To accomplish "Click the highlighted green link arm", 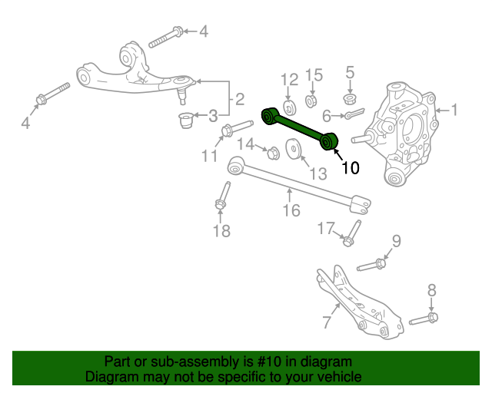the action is (x=300, y=128).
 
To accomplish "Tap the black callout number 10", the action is (x=351, y=167).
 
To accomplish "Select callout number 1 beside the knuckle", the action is (x=454, y=110).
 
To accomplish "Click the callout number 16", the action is (x=291, y=210).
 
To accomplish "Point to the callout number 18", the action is (x=221, y=231).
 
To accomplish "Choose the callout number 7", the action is (x=327, y=322).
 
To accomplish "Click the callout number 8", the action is (x=432, y=290).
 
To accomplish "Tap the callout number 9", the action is (x=397, y=241).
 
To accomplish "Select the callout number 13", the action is (x=318, y=173).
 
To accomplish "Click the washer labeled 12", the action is (x=290, y=107).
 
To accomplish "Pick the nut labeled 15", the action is (x=311, y=101).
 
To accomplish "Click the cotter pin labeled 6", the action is (x=354, y=114).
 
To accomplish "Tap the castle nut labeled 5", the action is (x=350, y=99).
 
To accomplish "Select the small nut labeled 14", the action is (x=273, y=153).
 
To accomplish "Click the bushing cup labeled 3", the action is (x=185, y=120).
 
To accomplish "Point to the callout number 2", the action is (x=239, y=99).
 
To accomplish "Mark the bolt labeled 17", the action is (x=352, y=233).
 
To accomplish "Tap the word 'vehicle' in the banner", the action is (x=343, y=376).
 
